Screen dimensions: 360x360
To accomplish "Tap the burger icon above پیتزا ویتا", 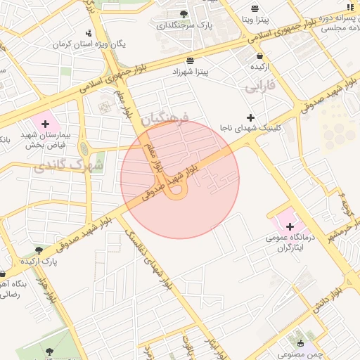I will (x=254, y=8).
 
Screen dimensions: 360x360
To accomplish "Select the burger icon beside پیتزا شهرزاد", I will (x=191, y=60).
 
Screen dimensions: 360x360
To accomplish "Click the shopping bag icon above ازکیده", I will (x=260, y=56).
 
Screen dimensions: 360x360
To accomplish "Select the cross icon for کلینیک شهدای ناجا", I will (x=250, y=117).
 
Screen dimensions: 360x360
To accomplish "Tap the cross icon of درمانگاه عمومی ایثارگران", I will (x=290, y=226).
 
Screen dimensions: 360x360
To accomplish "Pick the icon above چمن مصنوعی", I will (x=302, y=343).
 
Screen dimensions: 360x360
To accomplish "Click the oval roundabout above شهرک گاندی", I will (x=84, y=148).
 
